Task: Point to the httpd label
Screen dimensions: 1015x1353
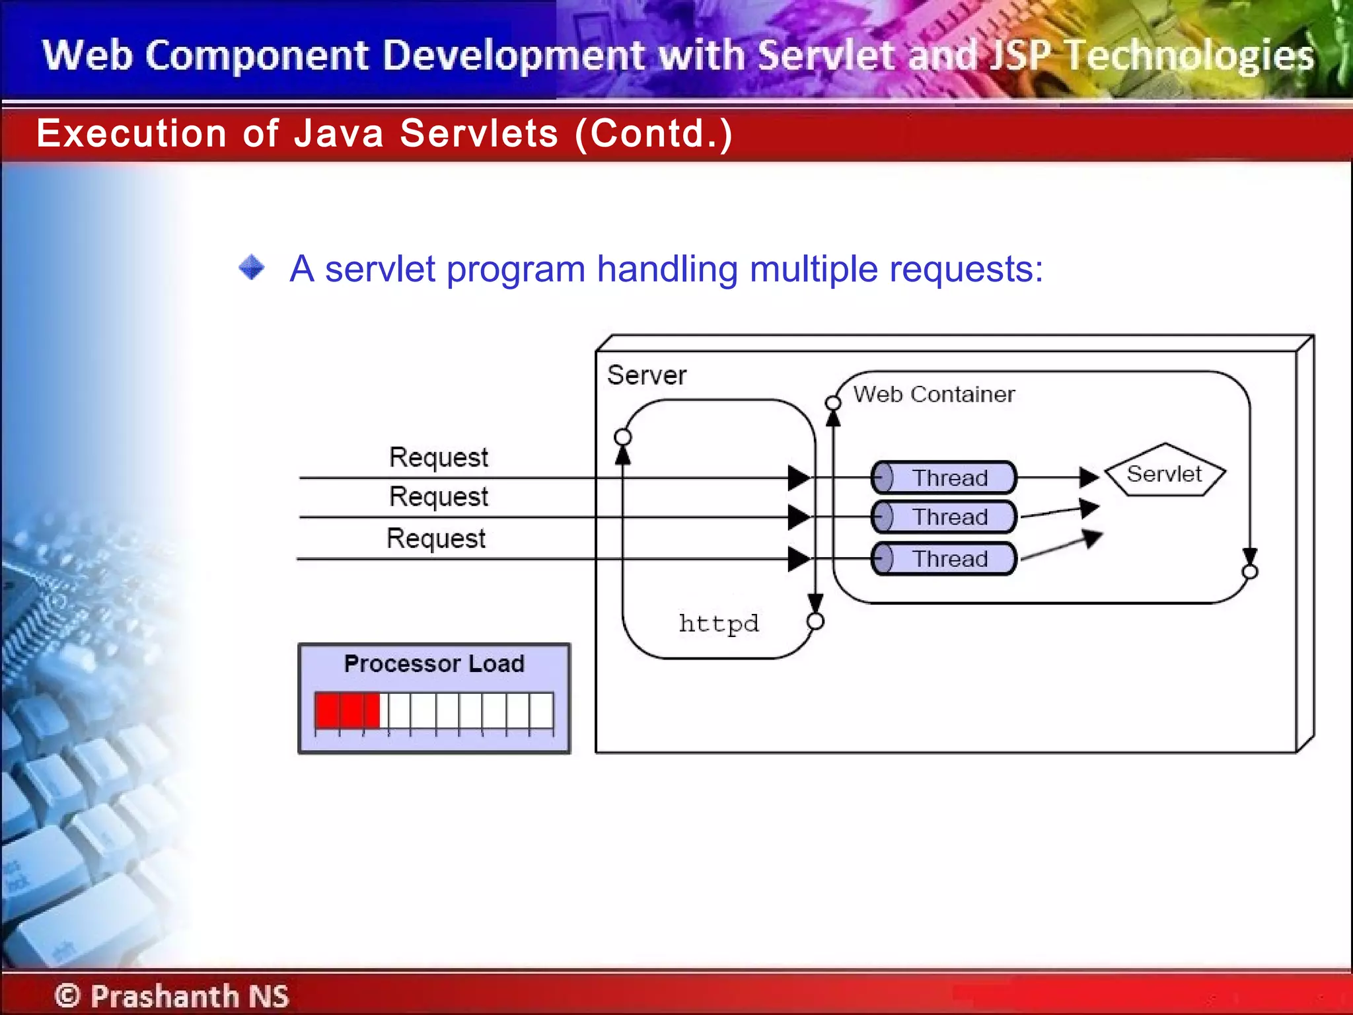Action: pos(719,623)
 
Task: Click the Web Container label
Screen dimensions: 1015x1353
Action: pos(933,395)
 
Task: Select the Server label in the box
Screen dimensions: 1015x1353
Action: pos(646,375)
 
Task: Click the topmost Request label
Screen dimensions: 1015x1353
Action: pos(438,457)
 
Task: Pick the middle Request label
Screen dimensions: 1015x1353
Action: pos(438,497)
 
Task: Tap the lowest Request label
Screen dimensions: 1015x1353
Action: pos(435,539)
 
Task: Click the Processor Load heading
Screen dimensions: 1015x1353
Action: pos(434,663)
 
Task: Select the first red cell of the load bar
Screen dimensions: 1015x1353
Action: pos(328,710)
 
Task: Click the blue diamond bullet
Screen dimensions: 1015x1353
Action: pos(252,268)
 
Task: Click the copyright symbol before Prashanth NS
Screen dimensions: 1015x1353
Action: pos(67,995)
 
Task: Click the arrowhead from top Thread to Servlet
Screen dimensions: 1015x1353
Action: pos(1089,476)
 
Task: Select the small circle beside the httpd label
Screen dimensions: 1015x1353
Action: pos(816,621)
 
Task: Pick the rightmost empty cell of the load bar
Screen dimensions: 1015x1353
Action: pos(541,710)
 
